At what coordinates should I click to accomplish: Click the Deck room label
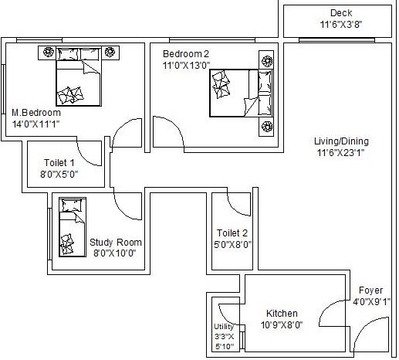tap(341, 13)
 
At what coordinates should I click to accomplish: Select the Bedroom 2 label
tap(186, 54)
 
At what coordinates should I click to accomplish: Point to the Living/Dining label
tap(341, 141)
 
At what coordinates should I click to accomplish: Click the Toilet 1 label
tap(56, 163)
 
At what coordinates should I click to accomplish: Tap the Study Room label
tap(116, 242)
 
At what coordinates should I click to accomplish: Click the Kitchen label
tap(282, 313)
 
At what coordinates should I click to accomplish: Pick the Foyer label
tap(370, 290)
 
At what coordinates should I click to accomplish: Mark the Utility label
tap(223, 327)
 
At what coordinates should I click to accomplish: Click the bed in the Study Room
tap(71, 228)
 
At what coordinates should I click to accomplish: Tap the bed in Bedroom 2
tap(240, 93)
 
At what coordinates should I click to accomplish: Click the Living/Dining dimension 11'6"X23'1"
tap(341, 153)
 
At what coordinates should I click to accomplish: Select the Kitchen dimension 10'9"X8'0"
tap(282, 324)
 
